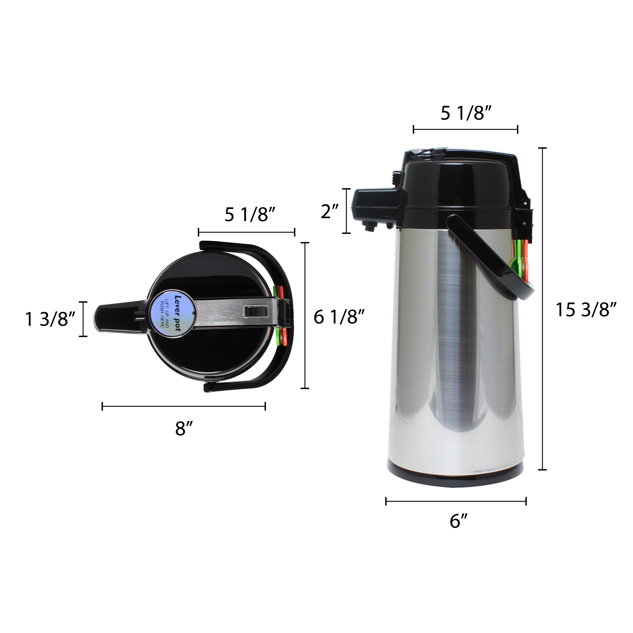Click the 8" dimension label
184,428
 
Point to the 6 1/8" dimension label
339,317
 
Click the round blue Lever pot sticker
172,313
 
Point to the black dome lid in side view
459,184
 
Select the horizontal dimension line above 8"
184,407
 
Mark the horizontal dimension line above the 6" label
456,501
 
